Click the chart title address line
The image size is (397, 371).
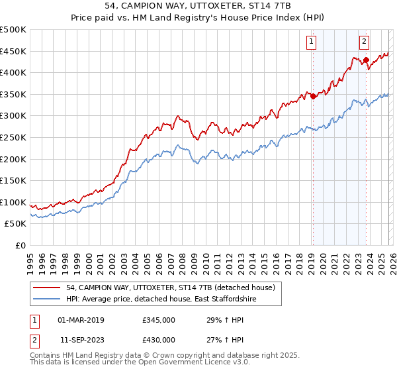click(x=198, y=5)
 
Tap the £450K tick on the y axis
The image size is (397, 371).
click(x=13, y=51)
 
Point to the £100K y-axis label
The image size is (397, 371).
click(x=13, y=202)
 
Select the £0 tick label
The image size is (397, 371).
click(x=21, y=245)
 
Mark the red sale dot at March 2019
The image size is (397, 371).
click(x=312, y=96)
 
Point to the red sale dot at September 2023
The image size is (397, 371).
click(x=365, y=60)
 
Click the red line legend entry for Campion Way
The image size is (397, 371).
click(x=175, y=287)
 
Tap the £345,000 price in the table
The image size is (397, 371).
click(x=159, y=320)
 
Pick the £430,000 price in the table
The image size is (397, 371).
click(x=159, y=340)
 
